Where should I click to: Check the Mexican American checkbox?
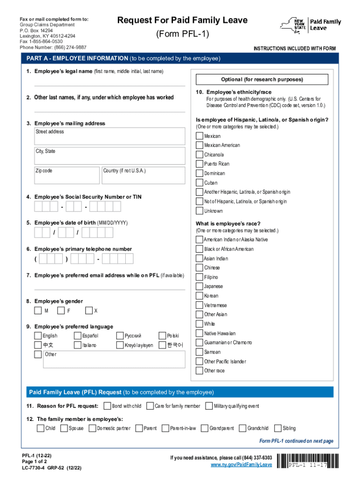point(199,145)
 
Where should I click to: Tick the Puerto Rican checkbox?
point(199,164)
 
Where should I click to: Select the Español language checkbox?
point(78,335)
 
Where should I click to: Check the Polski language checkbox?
point(162,335)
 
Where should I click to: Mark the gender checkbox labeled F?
point(61,311)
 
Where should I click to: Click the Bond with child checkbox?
point(107,406)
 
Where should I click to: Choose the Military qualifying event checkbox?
point(209,406)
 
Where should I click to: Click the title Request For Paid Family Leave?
point(182,20)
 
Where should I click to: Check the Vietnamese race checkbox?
point(199,305)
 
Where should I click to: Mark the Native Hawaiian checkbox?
point(199,334)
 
